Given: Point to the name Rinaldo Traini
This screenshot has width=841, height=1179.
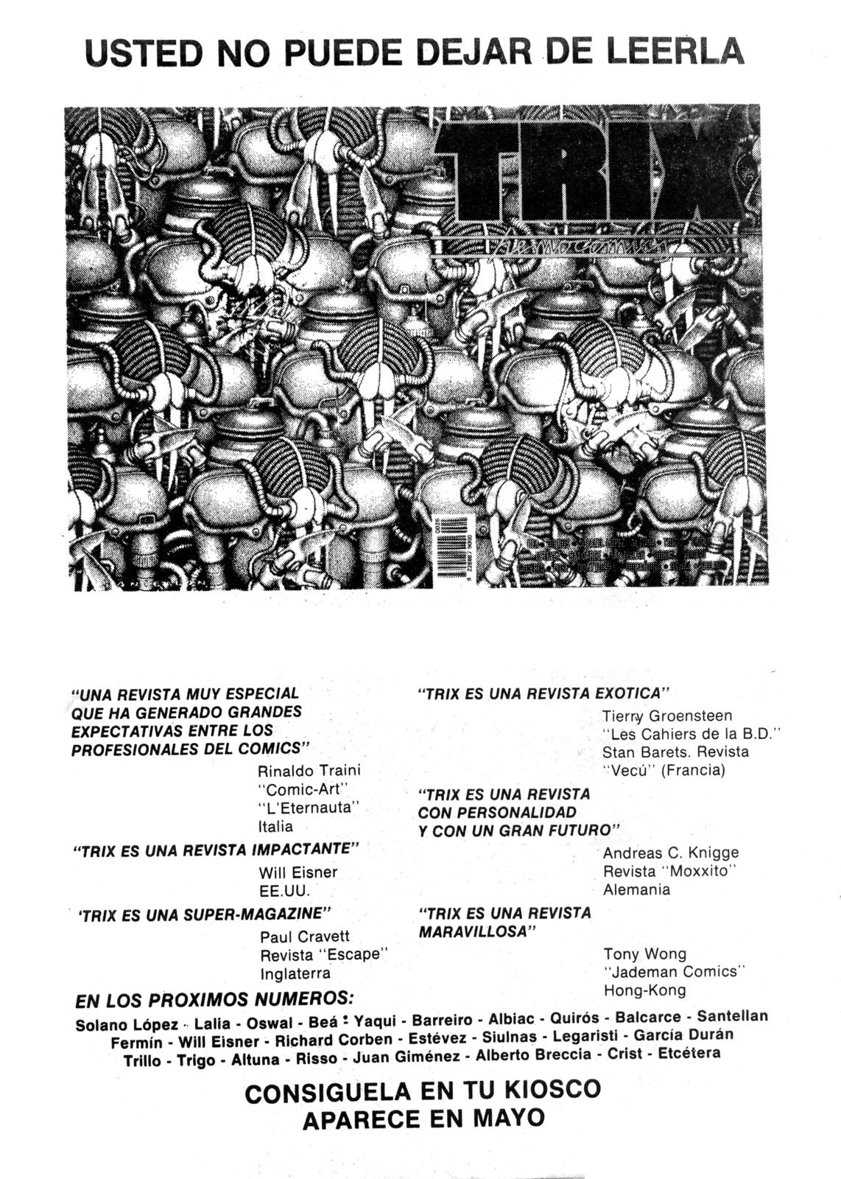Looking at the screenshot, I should (x=309, y=771).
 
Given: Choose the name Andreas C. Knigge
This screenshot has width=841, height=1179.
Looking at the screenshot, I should (x=670, y=853).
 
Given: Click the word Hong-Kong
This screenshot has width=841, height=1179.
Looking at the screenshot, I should (x=644, y=990).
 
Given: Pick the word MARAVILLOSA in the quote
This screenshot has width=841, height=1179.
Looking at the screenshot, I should (x=476, y=931).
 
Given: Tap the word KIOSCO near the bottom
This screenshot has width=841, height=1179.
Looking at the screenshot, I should (x=548, y=1089).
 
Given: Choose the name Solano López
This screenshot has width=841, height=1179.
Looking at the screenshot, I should (x=127, y=1025).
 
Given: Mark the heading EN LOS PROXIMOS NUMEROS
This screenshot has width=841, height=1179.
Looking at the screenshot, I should (x=214, y=1001).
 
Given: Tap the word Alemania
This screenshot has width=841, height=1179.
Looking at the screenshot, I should (x=636, y=889).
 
